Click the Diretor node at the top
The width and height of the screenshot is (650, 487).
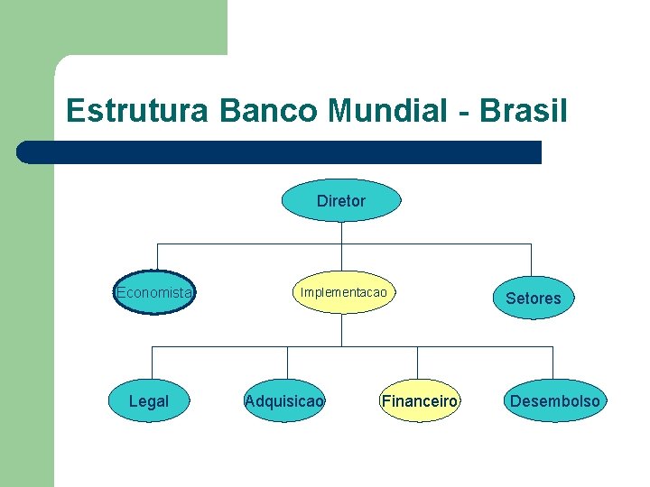point(341,200)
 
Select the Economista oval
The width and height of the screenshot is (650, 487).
point(154,292)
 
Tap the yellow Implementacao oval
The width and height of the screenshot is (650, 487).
point(343,292)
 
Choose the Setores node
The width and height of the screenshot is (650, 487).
point(533,298)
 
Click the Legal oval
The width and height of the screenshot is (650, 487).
point(149,400)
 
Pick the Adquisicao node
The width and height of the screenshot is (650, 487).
point(285,400)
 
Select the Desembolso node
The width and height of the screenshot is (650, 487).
point(554,400)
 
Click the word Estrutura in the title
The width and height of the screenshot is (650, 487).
point(136,111)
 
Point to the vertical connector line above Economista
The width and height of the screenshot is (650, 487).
point(157,257)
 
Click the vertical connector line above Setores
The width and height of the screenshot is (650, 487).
point(531,260)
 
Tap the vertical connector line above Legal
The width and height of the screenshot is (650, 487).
point(152,362)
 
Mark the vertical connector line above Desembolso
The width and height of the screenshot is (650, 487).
point(552,362)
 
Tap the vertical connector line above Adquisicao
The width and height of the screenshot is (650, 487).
point(287,362)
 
